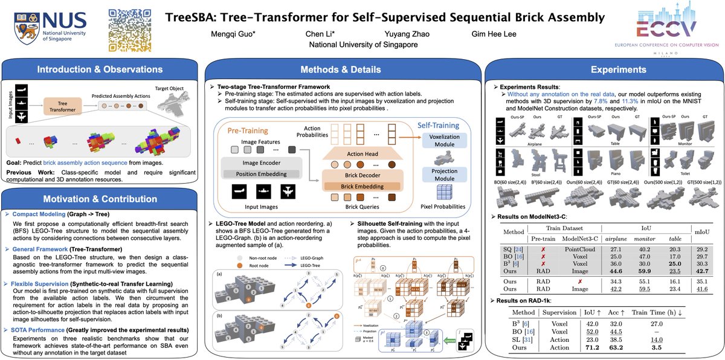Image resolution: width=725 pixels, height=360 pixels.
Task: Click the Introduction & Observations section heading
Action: pos(99,70)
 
